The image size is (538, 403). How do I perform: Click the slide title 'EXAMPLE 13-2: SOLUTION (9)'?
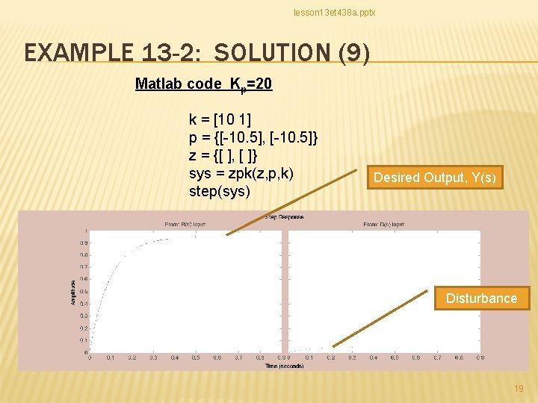197,54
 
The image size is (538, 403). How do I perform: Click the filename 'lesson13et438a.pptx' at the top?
334,13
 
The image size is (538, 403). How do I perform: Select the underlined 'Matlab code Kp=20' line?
203,84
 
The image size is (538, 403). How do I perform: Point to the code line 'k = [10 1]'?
220,120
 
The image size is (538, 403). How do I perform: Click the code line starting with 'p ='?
254,137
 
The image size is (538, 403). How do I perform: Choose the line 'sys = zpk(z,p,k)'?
241,173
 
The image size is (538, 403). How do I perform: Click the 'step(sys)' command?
220,191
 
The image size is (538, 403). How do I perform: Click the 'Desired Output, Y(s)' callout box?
434,178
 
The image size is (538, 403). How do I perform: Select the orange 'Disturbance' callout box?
481,299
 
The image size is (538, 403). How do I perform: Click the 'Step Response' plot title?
285,217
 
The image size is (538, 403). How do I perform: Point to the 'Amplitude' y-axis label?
72,292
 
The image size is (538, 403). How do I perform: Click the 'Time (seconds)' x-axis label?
285,366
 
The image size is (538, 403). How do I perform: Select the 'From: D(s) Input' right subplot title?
384,224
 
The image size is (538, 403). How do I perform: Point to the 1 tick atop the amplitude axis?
86,231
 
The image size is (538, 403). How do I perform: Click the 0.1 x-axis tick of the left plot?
111,357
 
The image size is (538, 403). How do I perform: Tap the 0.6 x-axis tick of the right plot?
415,357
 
